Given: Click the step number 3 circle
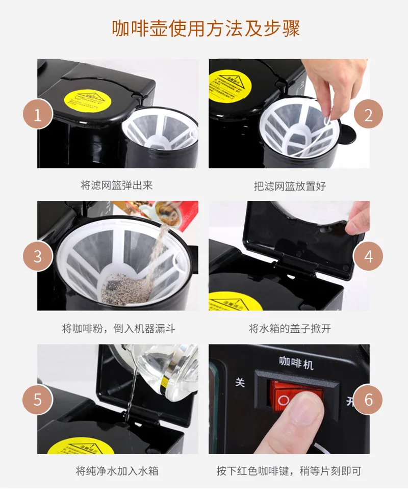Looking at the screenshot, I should point(37,256).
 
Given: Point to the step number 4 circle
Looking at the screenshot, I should point(368,256).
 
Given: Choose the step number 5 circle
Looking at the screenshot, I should point(37,399).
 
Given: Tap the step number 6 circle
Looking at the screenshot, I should point(368,399).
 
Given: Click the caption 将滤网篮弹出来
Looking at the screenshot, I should point(117,185).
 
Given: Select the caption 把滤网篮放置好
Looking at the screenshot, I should point(290,186).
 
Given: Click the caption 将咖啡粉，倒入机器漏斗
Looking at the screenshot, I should point(118,329).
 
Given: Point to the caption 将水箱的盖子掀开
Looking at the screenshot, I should point(290,329).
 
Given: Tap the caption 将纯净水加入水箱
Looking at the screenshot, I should point(117,470).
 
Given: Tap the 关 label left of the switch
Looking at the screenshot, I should point(240,382).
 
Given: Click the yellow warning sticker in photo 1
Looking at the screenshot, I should point(90,100).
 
